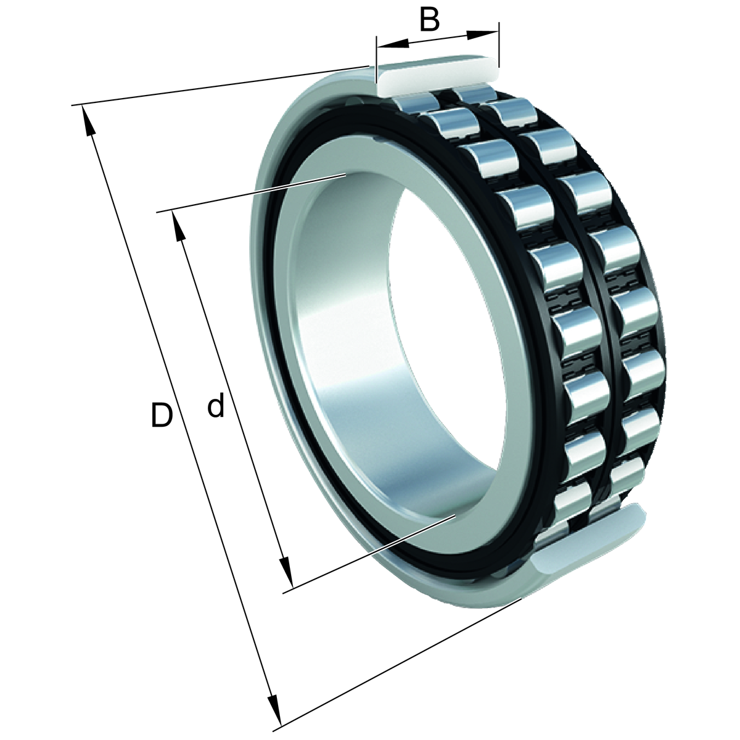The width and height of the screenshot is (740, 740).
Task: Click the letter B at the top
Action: [429, 19]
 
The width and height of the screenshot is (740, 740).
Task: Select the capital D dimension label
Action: [162, 415]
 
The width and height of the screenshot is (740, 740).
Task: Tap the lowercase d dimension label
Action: [215, 407]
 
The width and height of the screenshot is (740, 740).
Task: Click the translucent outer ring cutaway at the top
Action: [435, 75]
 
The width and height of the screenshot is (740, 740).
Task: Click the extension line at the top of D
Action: [216, 86]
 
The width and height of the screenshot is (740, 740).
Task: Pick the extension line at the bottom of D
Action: [401, 663]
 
